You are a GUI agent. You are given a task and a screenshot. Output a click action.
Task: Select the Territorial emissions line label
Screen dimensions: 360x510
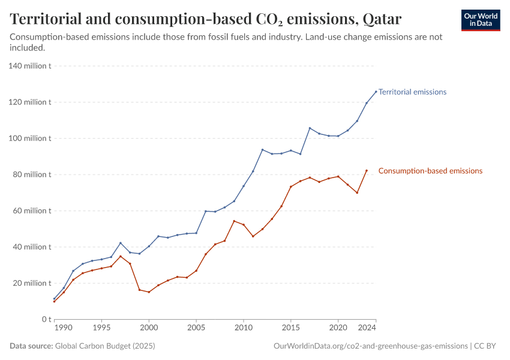412,92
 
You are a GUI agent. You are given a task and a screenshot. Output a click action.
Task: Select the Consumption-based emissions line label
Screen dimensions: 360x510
430,171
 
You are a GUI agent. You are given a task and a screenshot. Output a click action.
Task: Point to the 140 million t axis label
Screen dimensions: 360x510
30,66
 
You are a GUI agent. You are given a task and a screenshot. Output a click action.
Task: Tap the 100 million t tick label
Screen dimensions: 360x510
30,139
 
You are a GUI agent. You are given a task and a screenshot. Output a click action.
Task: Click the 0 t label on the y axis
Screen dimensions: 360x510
44,319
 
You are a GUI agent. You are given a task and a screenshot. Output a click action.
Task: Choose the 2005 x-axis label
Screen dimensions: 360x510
196,329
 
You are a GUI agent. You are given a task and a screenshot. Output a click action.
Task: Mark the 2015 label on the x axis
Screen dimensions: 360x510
291,329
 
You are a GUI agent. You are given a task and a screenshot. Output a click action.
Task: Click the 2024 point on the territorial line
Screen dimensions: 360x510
376,92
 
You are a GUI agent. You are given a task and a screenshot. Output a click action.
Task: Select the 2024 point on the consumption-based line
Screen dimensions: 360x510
367,170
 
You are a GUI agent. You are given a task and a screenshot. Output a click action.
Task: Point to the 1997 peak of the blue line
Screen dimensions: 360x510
121,243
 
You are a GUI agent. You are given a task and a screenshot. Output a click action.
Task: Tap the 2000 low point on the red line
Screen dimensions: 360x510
149,292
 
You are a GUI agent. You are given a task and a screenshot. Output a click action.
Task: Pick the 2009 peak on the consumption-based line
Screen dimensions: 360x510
234,221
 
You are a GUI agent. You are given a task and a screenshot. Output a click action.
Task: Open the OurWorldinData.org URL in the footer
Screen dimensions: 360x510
370,346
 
